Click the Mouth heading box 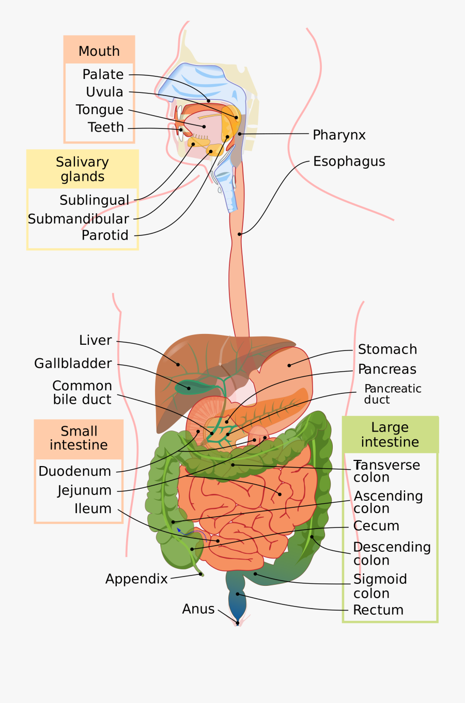pyautogui.click(x=99, y=51)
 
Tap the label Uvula pyautogui.click(x=105, y=92)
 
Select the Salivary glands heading pyautogui.click(x=83, y=169)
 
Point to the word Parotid pyautogui.click(x=105, y=235)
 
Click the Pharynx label pyautogui.click(x=339, y=135)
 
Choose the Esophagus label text pyautogui.click(x=349, y=162)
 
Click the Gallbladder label pyautogui.click(x=73, y=364)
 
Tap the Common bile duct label pyautogui.click(x=82, y=393)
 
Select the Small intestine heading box pyautogui.click(x=79, y=438)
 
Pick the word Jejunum pyautogui.click(x=84, y=490)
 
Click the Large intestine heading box pyautogui.click(x=390, y=435)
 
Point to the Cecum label pyautogui.click(x=376, y=526)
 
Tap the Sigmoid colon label pyautogui.click(x=380, y=586)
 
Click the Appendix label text pyautogui.click(x=136, y=579)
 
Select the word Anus pyautogui.click(x=198, y=609)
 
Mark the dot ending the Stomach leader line pyautogui.click(x=289, y=365)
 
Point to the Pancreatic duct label pyautogui.click(x=392, y=394)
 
